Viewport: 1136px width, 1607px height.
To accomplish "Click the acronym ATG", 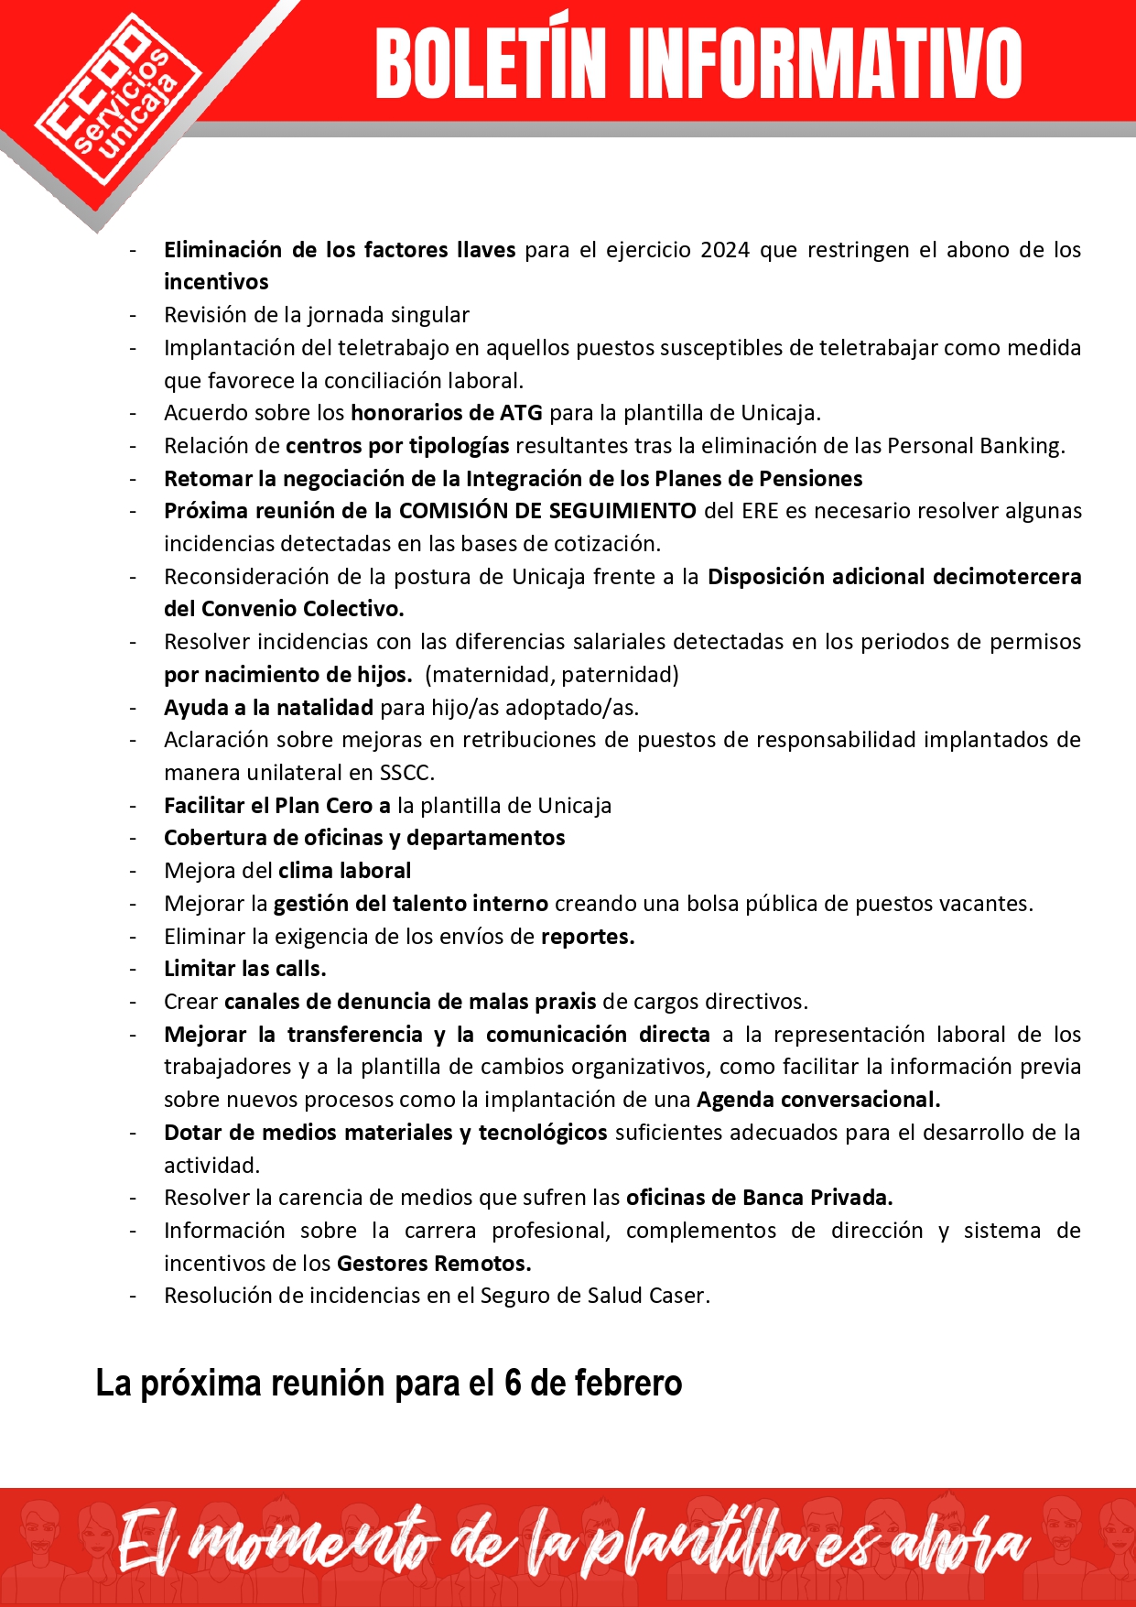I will [x=521, y=413].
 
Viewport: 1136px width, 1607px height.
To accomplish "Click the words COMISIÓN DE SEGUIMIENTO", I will [x=547, y=511].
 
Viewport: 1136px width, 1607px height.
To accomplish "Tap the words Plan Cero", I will [x=324, y=806].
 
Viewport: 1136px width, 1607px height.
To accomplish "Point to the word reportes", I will [x=587, y=937].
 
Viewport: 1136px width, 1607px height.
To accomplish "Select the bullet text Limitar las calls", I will [x=245, y=969].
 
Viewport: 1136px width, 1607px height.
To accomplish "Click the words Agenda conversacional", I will [x=817, y=1100].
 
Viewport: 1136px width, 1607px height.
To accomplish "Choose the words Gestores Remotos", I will [x=433, y=1264].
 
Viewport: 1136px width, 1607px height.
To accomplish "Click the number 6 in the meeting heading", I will [x=513, y=1383].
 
